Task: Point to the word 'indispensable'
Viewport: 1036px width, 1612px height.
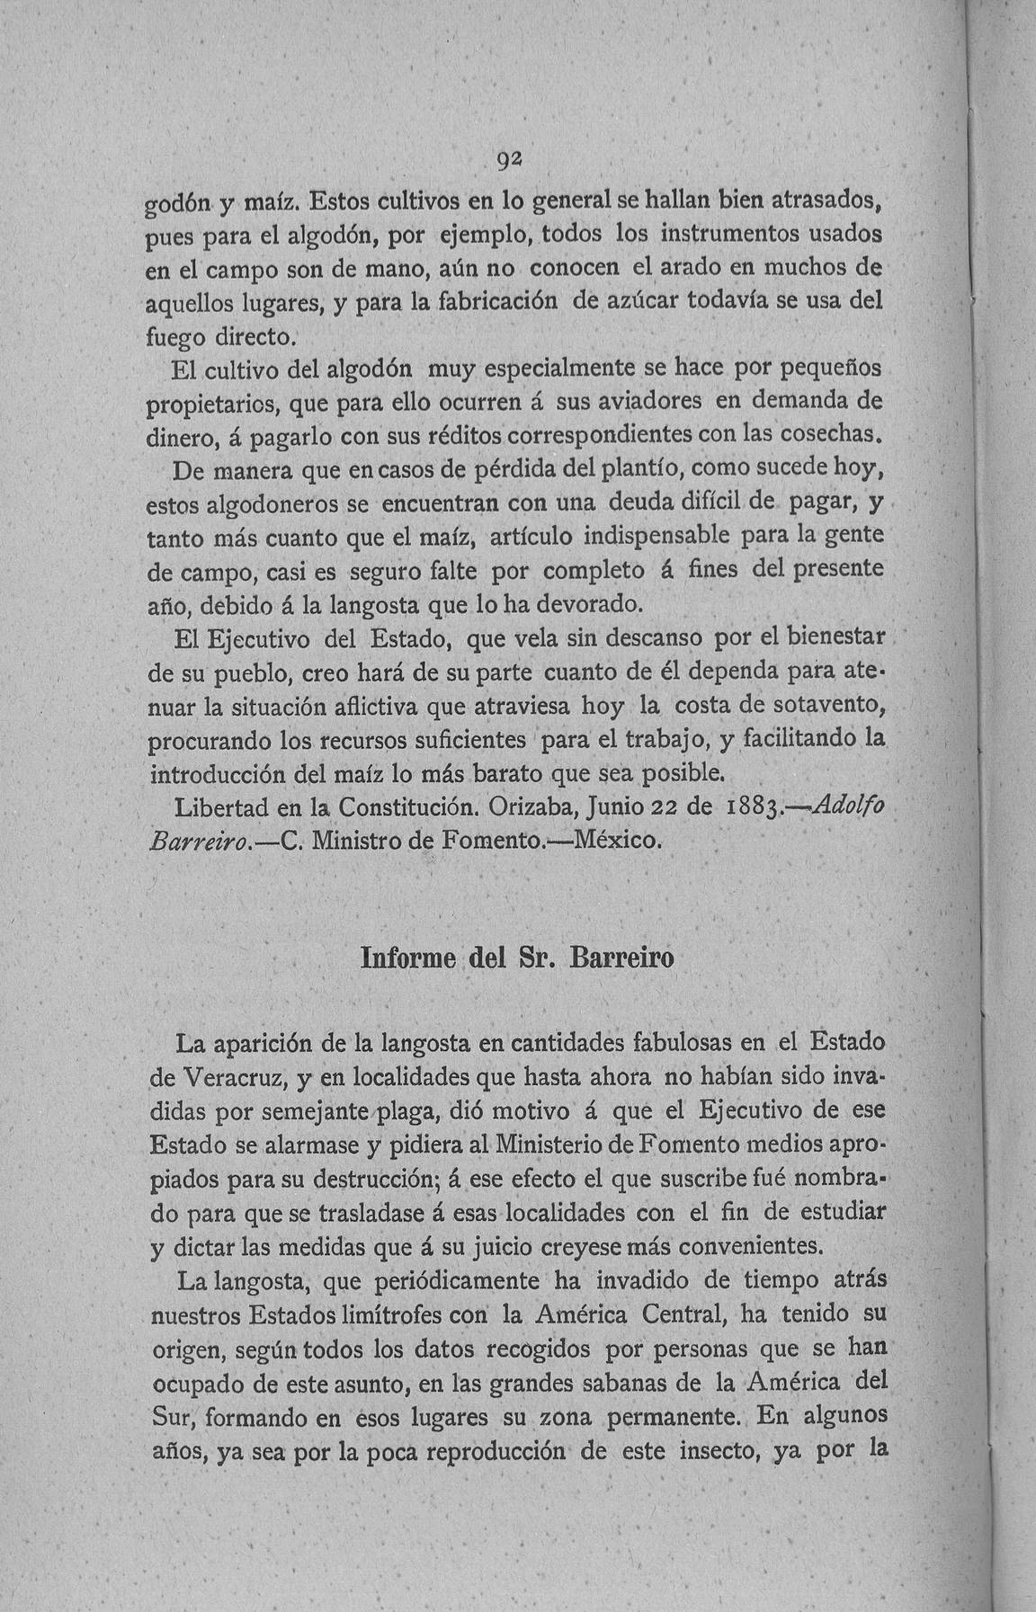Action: (x=656, y=537)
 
